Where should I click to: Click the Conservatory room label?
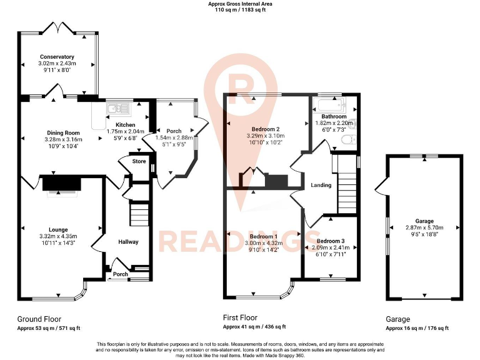coord(57,57)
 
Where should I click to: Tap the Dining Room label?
coord(64,132)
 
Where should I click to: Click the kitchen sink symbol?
coord(117,109)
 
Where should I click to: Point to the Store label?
coord(139,161)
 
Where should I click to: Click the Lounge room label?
coord(58,229)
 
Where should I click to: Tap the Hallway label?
coord(129,242)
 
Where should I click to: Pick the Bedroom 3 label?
coord(330,241)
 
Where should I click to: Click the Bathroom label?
coord(334,117)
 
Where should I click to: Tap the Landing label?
coord(321,185)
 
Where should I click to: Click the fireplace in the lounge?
coord(61,183)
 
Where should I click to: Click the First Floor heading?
coord(240,317)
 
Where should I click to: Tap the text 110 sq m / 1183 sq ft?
coord(240,10)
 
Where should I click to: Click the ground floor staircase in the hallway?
coord(139,214)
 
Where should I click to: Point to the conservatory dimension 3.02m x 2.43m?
coord(57,64)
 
